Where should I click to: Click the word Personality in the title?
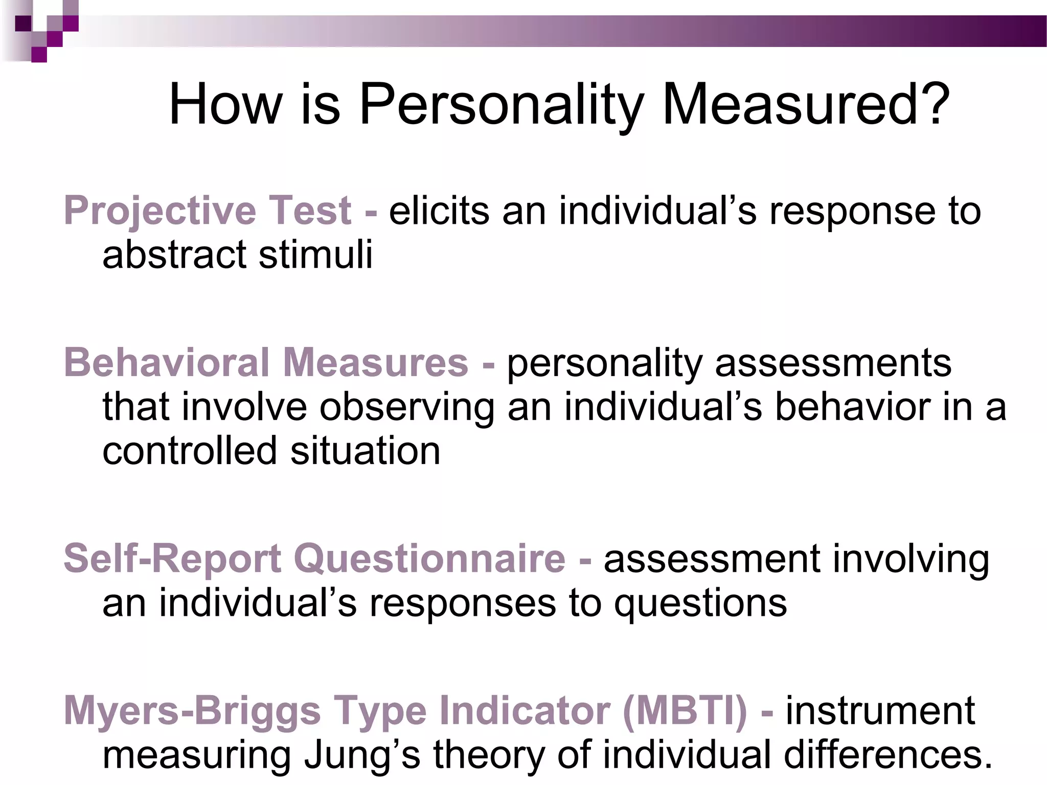[500, 104]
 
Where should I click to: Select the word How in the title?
[225, 104]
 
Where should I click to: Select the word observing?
[407, 407]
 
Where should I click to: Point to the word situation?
[365, 451]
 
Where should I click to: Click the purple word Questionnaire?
[429, 559]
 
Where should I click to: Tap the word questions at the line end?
[700, 603]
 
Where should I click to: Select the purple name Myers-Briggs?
[192, 711]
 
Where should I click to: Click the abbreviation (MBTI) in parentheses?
[685, 711]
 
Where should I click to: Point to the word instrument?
[880, 711]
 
